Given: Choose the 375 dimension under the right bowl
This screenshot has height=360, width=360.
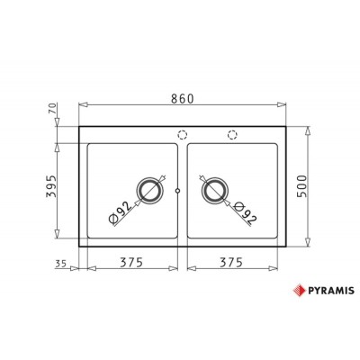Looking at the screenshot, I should pyautogui.click(x=234, y=265).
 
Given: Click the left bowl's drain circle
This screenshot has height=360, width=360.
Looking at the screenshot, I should pyautogui.click(x=148, y=190).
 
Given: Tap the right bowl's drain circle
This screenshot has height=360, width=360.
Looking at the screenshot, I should pyautogui.click(x=212, y=190).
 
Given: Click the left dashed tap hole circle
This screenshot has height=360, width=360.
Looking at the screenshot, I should pyautogui.click(x=182, y=135).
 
